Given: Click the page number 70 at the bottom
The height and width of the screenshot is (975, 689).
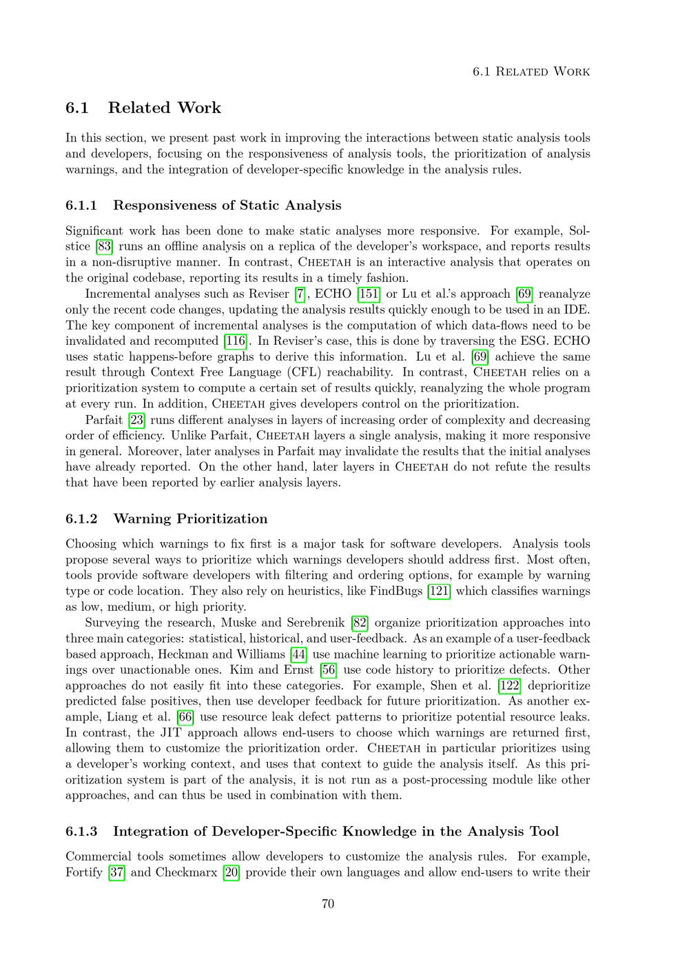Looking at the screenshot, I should click(x=328, y=903).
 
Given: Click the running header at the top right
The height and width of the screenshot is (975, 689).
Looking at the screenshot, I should click(x=531, y=72).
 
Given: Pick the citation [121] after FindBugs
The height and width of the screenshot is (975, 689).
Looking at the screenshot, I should click(x=440, y=591).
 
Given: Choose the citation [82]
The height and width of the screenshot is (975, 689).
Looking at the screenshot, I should click(x=360, y=623).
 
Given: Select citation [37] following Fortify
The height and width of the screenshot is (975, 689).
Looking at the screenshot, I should click(x=117, y=872).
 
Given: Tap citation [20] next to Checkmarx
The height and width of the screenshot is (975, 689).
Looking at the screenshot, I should click(x=229, y=872).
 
